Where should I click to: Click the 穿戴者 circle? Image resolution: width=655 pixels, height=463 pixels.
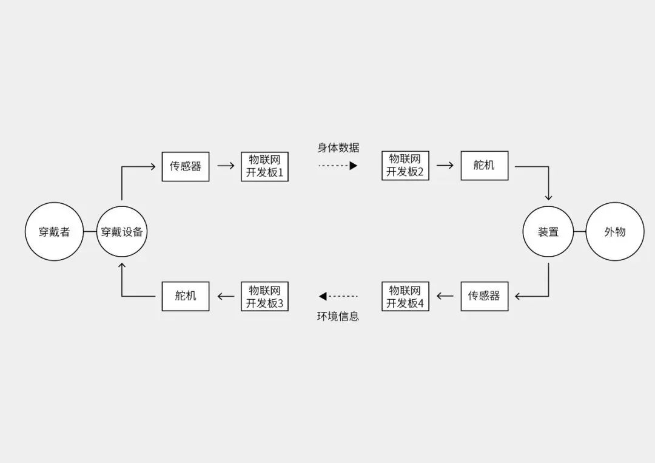[x=54, y=232]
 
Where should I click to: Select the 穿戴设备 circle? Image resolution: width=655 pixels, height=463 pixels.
[x=124, y=232]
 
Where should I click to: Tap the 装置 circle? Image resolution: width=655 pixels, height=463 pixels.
[x=548, y=232]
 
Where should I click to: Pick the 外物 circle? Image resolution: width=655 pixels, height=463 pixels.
[x=614, y=232]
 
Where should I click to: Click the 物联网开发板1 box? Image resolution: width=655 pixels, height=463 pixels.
[x=264, y=166]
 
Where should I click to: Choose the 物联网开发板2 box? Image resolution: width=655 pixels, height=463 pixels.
[x=405, y=166]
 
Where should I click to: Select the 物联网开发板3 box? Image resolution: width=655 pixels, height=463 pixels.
[x=264, y=296]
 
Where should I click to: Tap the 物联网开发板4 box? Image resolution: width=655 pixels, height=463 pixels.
[x=405, y=296]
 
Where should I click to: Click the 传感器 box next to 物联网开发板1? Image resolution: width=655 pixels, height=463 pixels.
[x=186, y=166]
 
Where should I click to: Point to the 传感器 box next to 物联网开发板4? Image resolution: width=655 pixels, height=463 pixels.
[x=484, y=296]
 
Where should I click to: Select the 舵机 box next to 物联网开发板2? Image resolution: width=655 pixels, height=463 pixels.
[x=484, y=166]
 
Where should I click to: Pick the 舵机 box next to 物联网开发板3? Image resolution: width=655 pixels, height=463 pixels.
[x=186, y=296]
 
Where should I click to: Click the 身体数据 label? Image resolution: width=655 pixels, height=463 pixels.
[x=338, y=147]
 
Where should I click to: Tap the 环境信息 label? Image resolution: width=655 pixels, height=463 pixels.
[x=338, y=316]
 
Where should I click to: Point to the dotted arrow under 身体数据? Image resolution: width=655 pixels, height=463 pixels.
[x=338, y=166]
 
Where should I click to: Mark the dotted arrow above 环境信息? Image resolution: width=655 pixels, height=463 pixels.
[x=338, y=296]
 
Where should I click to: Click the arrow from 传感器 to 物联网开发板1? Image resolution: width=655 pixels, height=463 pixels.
[x=225, y=166]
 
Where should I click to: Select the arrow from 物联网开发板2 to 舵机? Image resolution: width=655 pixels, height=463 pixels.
[x=445, y=166]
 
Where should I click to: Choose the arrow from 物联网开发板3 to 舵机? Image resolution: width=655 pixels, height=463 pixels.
[x=225, y=296]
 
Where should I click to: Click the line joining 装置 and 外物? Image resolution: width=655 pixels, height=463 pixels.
[x=580, y=232]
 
